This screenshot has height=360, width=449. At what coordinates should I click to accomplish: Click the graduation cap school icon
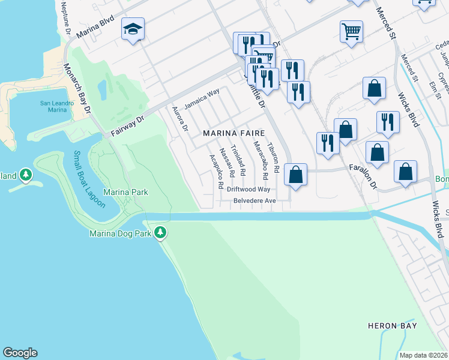pos(133,29)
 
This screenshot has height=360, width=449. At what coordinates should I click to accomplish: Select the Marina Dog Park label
pos(121,233)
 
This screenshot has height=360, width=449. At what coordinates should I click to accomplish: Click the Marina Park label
pos(125,192)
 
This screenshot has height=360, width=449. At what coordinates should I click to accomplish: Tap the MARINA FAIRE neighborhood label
pos(234,132)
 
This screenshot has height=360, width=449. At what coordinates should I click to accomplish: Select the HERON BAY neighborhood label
pos(392,326)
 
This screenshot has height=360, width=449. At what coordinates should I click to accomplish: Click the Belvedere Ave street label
pos(254,200)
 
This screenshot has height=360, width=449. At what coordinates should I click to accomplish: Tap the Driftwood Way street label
pos(249,189)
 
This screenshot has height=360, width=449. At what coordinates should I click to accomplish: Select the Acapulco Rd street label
pos(216,172)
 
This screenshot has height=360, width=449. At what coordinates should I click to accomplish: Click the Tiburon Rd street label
pos(274,158)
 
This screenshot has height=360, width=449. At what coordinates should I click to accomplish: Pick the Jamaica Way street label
pos(202,98)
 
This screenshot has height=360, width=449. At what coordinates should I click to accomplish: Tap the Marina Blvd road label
pos(95,28)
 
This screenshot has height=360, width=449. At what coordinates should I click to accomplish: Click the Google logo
pos(20,353)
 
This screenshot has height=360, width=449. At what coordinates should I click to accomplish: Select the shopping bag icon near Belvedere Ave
pos(295,175)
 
